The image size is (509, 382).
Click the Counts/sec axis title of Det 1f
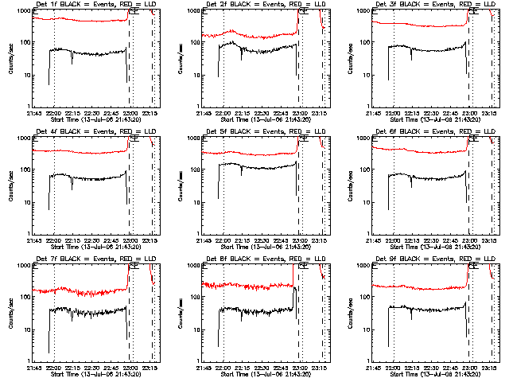(10, 59)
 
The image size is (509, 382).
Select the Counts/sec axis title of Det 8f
(180, 314)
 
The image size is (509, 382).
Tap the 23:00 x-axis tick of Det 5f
(300, 240)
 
